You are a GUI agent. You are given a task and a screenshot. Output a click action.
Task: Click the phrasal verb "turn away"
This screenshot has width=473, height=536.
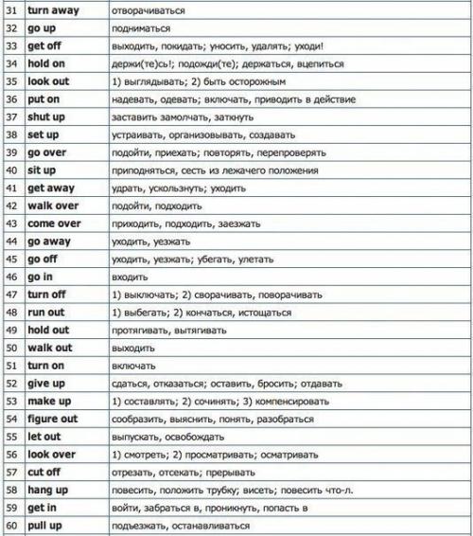(53, 11)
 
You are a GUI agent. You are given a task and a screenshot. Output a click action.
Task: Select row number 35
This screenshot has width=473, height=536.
(12, 81)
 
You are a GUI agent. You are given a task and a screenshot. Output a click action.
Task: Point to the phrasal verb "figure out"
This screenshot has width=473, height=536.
(53, 418)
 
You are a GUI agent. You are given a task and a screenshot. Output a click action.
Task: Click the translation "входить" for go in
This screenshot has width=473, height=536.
(129, 277)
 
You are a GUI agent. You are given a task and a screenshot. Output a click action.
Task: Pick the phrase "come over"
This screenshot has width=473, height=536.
(54, 223)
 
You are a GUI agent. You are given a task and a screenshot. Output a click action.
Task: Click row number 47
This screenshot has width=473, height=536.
(12, 295)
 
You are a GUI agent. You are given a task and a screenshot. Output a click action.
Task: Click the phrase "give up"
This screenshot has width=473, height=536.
(46, 383)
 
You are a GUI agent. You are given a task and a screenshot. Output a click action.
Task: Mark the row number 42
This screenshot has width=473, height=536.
(12, 205)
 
